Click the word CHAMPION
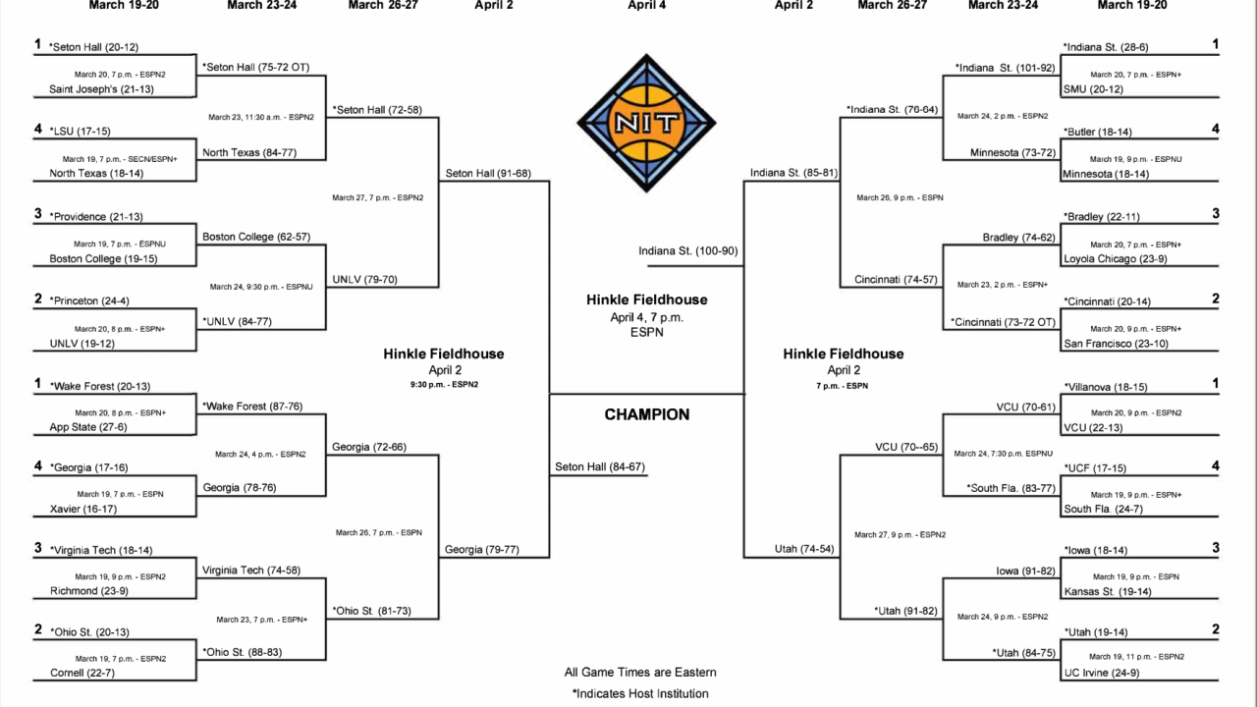coord(646,414)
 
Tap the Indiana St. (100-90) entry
coord(687,250)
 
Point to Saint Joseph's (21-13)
coord(101,89)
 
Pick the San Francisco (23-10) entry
coord(1115,344)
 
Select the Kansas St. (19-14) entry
coord(1108,591)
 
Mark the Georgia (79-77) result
coord(481,549)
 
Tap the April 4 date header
coord(646,5)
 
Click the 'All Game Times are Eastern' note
coord(639,673)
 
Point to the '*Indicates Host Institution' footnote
coord(639,693)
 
